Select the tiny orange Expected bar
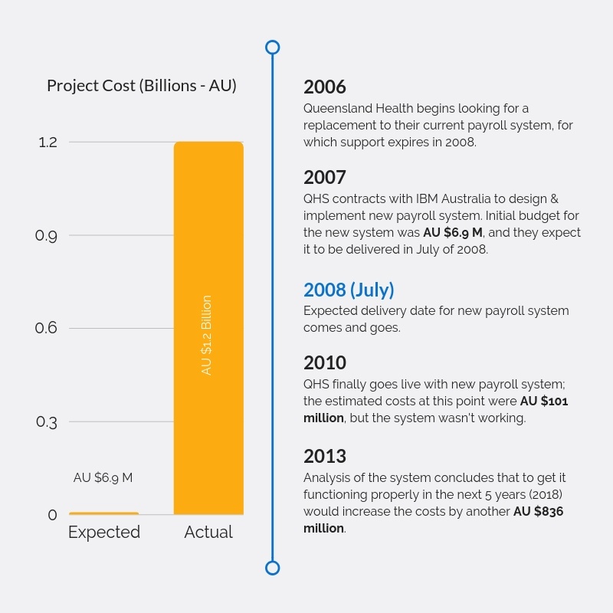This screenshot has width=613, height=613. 104,513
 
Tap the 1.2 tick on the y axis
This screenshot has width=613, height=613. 48,143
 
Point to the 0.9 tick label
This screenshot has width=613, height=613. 47,236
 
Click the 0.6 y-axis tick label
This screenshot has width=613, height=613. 47,329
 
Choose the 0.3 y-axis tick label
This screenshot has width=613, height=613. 47,422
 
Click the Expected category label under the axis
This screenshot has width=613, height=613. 104,533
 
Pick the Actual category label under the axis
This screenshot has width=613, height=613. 208,533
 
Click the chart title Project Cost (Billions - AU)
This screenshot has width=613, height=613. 142,86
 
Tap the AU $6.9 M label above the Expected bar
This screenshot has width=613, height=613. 103,477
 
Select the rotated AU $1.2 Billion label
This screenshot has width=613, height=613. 207,335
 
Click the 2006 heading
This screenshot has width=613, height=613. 325,87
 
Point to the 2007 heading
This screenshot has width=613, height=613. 325,177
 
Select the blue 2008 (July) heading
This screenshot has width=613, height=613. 349,290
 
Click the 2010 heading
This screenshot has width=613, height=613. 325,362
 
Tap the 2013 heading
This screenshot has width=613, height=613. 325,457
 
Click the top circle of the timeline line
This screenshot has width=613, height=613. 272,48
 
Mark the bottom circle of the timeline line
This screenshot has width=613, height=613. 272,568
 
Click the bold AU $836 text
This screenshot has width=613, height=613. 539,512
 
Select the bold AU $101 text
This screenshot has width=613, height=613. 544,401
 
